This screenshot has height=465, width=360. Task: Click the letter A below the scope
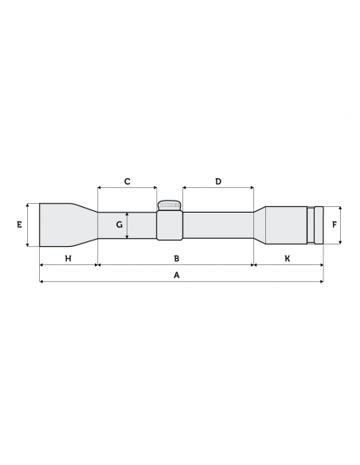pyautogui.click(x=177, y=275)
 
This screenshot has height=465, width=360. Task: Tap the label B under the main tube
pyautogui.click(x=177, y=259)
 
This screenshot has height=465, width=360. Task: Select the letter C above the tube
pyautogui.click(x=127, y=182)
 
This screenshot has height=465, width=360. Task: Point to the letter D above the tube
pyautogui.click(x=218, y=182)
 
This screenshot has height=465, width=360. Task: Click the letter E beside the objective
pyautogui.click(x=18, y=225)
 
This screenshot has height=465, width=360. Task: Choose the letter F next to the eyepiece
pyautogui.click(x=335, y=225)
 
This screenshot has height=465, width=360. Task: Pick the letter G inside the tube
pyautogui.click(x=119, y=225)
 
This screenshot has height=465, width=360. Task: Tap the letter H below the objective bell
pyautogui.click(x=68, y=259)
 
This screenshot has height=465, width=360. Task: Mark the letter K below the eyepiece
pyautogui.click(x=288, y=259)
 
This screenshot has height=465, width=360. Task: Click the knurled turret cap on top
pyautogui.click(x=169, y=205)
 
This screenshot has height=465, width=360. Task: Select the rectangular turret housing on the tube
pyautogui.click(x=169, y=226)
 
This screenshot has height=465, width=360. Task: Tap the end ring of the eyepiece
pyautogui.click(x=319, y=225)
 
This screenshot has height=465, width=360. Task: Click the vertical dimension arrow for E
pyautogui.click(x=28, y=225)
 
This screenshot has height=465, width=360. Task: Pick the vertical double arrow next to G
pyautogui.click(x=127, y=225)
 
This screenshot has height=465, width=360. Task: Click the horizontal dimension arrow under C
pyautogui.click(x=127, y=190)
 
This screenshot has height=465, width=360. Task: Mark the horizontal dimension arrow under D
pyautogui.click(x=218, y=190)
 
